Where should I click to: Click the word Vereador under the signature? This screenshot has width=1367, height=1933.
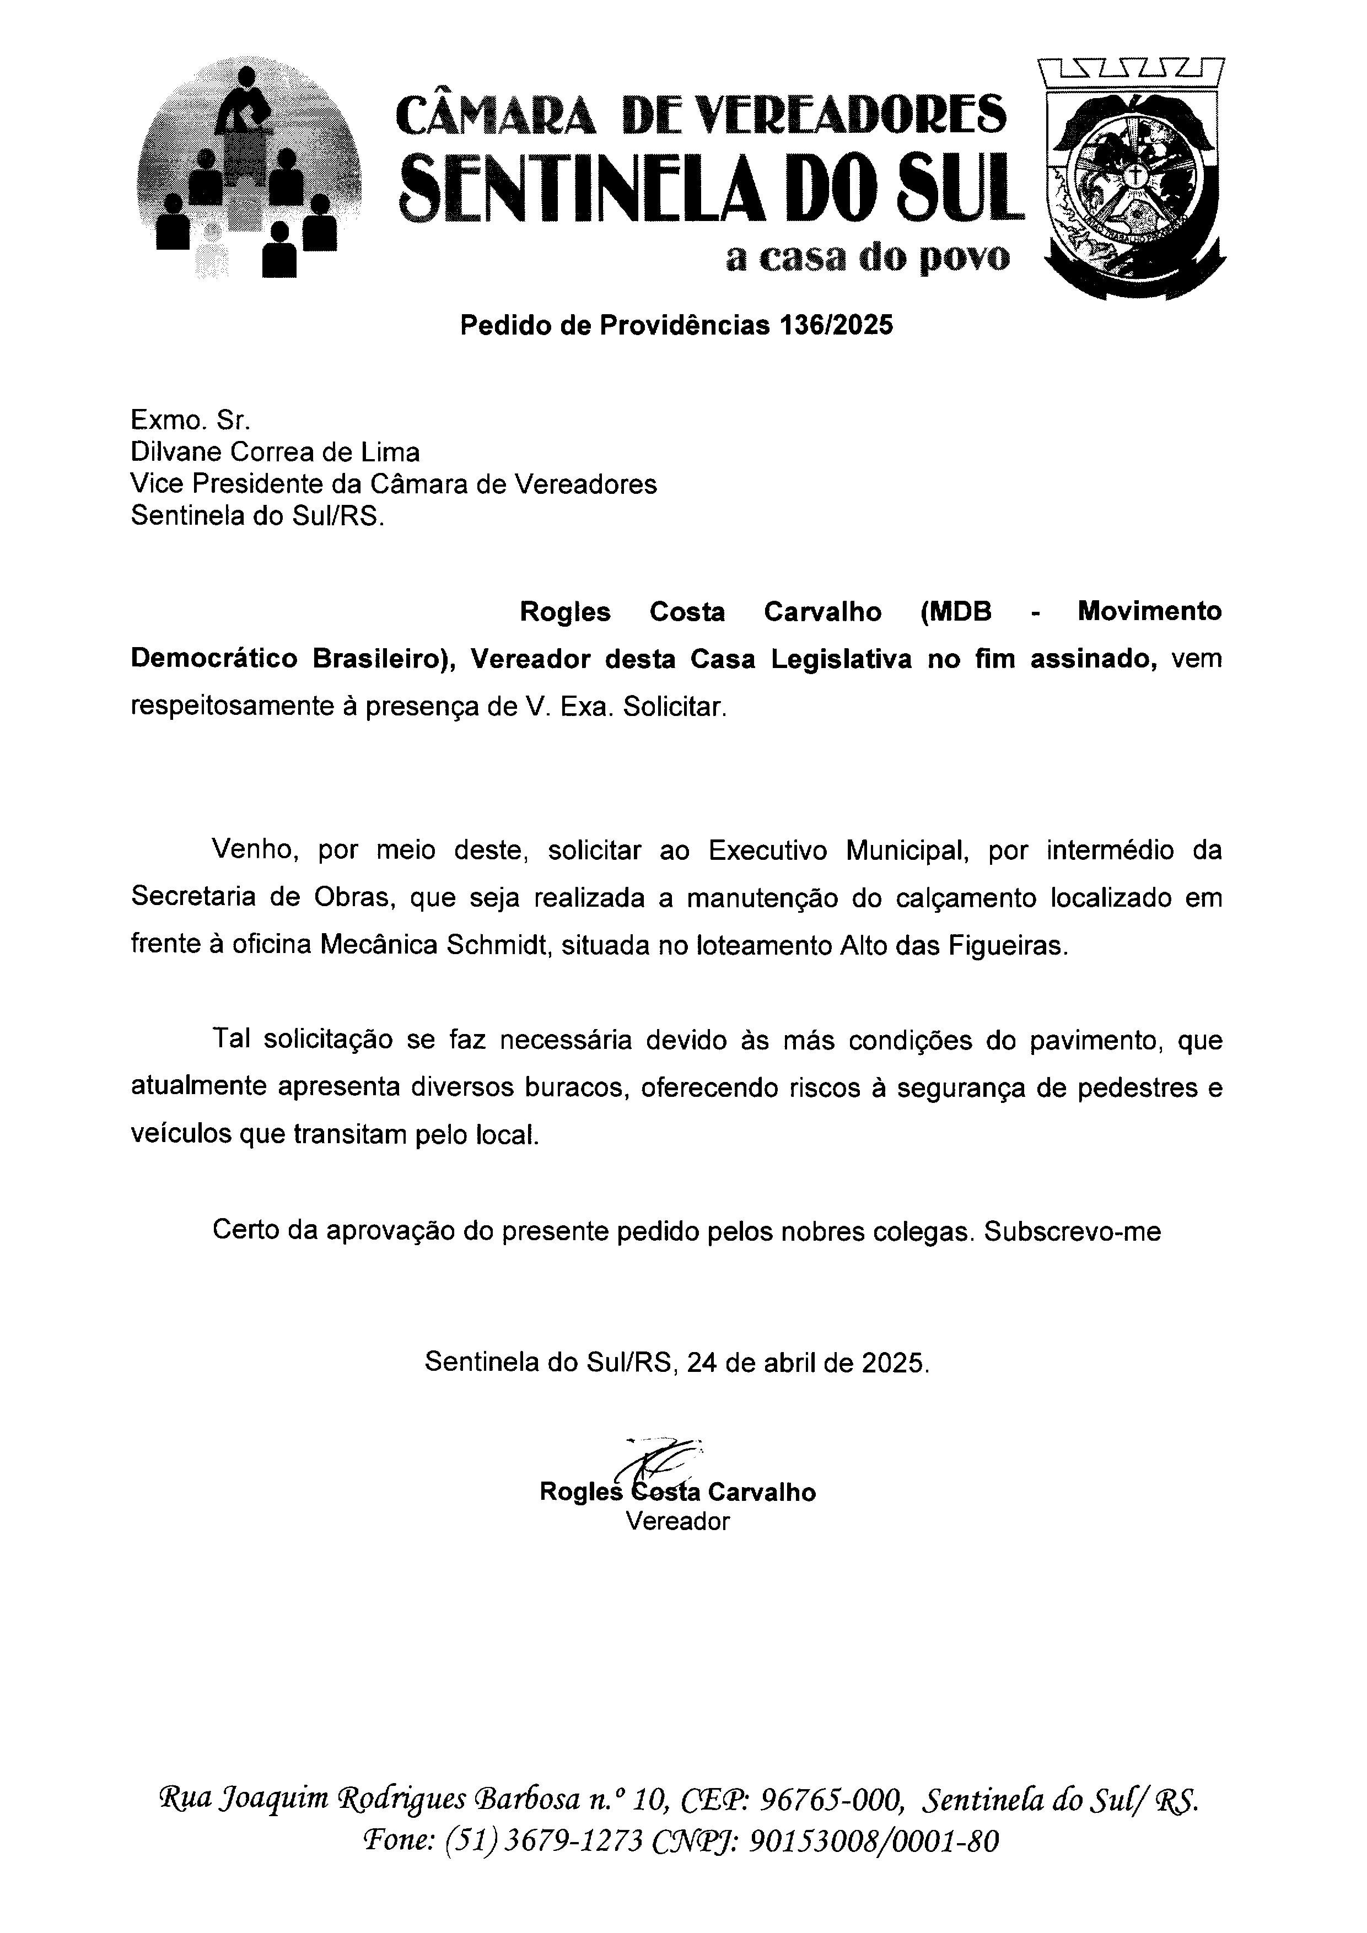[x=677, y=1521]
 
